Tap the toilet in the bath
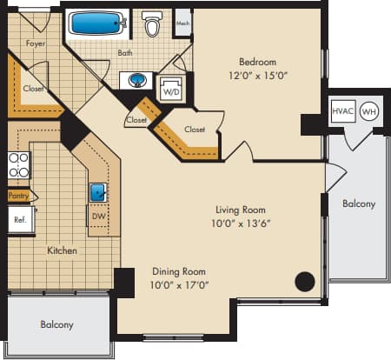[x=154, y=24]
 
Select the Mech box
[x=182, y=24]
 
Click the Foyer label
[x=36, y=42]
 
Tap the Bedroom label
[x=258, y=62]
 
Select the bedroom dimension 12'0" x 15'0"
[x=258, y=75]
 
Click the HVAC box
[x=342, y=111]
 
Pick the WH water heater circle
[x=368, y=111]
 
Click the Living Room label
[x=241, y=210]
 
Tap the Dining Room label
[x=180, y=270]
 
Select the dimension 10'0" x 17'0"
[x=180, y=283]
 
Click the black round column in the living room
[x=304, y=281]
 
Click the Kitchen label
[x=62, y=250]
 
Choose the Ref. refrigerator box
[x=19, y=220]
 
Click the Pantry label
[x=18, y=197]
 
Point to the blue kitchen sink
[x=97, y=191]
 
